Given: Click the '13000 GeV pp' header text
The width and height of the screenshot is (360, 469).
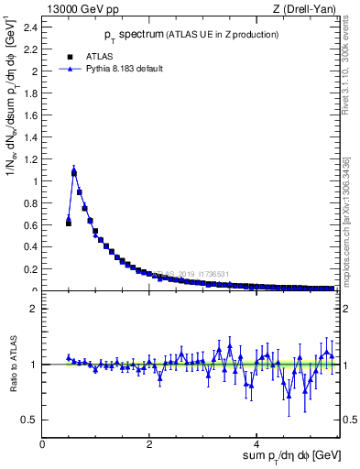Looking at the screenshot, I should [83, 9].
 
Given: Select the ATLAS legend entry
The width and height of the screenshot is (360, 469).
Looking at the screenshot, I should [100, 55].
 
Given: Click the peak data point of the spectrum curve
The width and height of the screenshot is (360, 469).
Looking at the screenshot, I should [74, 170].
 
